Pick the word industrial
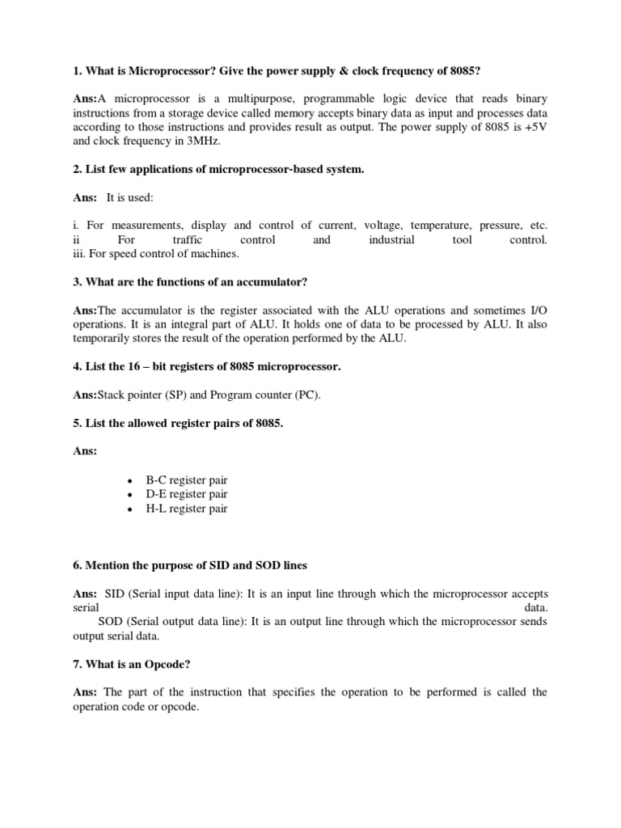pos(392,240)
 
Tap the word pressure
pos(502,226)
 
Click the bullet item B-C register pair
pos(186,479)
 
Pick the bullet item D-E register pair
pos(186,494)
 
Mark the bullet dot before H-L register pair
pos(129,509)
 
